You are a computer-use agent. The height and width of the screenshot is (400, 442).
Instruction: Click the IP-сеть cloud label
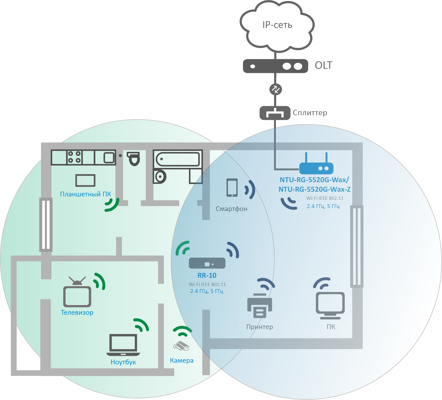277,25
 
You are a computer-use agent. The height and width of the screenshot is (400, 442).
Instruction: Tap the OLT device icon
275,66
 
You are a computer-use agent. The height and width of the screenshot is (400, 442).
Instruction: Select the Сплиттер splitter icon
275,113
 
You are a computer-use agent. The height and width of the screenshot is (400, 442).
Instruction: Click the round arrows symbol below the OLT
275,89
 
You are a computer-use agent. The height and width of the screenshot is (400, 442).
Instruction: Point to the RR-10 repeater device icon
207,263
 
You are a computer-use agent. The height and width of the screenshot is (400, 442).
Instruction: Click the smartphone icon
232,187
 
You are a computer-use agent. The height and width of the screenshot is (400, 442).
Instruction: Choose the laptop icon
123,345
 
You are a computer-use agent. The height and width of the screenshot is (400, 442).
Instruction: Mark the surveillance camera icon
181,346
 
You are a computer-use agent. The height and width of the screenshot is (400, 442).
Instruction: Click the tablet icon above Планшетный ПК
85,180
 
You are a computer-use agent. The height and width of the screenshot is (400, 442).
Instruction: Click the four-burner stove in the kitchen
75,157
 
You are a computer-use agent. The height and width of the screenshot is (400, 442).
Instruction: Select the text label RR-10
207,275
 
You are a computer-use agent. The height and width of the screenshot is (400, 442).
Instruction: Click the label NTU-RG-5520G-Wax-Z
314,189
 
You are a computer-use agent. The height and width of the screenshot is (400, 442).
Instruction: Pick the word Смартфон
232,209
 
